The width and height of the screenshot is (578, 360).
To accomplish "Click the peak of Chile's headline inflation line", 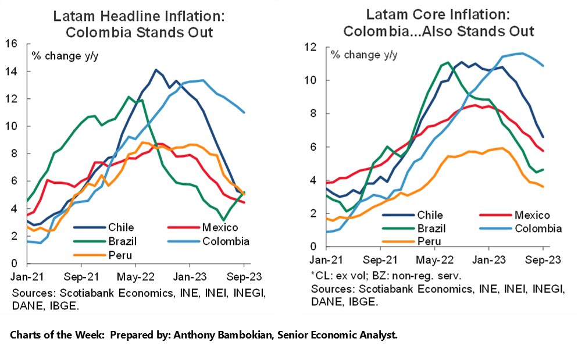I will coord(155,70).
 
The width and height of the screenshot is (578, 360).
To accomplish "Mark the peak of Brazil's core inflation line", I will coord(448,63).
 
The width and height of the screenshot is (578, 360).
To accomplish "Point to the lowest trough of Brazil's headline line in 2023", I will coord(224,220).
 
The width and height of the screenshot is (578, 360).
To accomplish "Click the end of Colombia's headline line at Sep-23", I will coord(244,112).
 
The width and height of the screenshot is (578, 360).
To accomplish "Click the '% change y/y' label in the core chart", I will coord(365,55).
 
